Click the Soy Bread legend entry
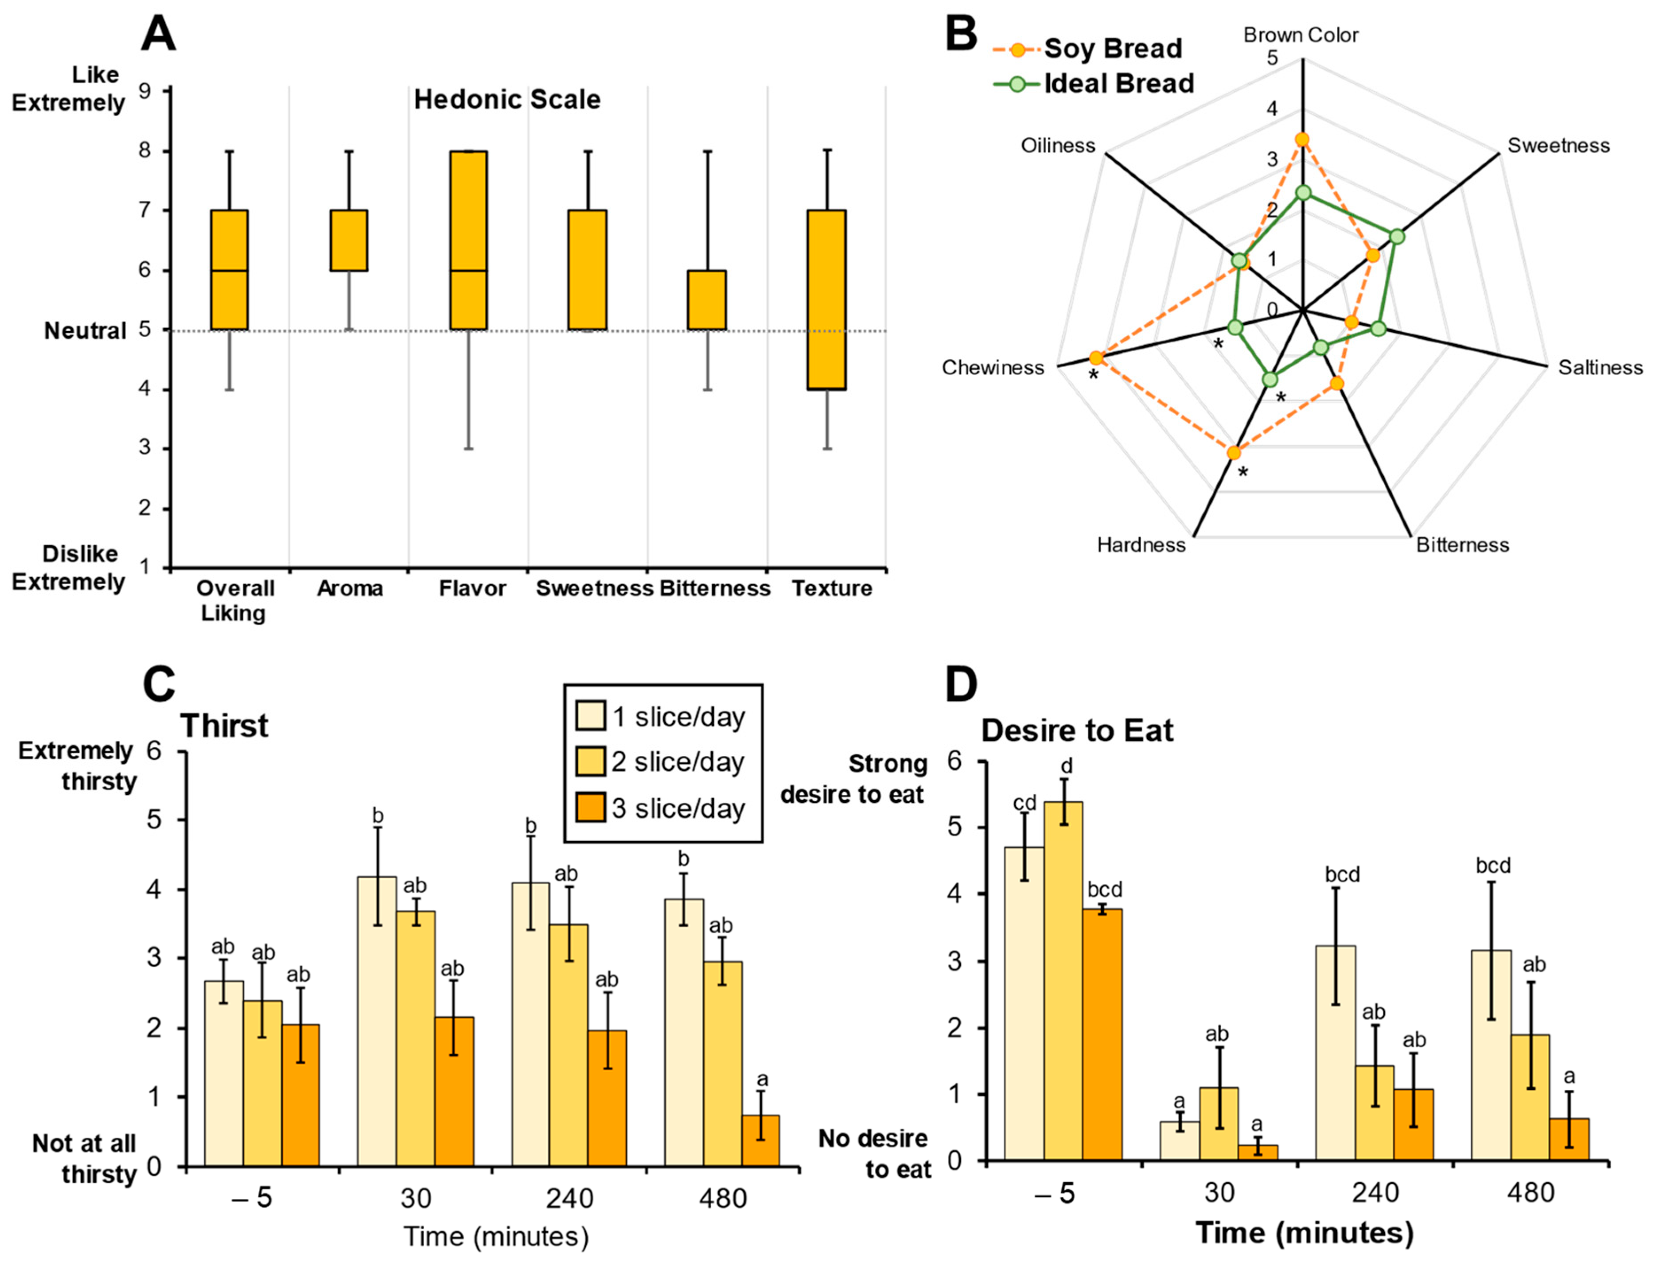[x=1113, y=49]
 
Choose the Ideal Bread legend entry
[x=1119, y=83]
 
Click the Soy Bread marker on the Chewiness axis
[x=1096, y=358]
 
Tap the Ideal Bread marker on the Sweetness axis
[x=1396, y=237]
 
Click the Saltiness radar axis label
[x=1600, y=368]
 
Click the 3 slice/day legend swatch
[x=590, y=808]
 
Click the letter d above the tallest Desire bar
[x=1066, y=766]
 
